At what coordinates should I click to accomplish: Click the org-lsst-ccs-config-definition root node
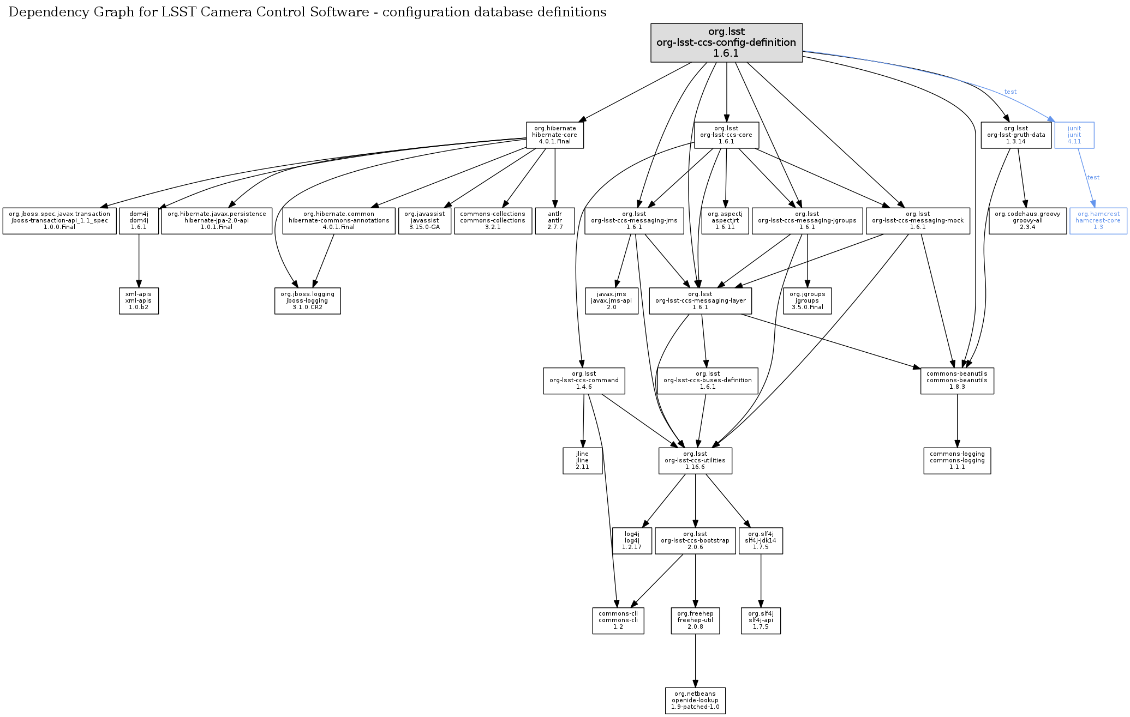tap(726, 43)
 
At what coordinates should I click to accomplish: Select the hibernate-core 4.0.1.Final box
tap(554, 135)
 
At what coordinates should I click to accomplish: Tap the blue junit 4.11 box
tap(1074, 135)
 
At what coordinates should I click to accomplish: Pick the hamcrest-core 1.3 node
tap(1098, 221)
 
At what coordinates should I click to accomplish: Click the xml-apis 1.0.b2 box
tap(139, 301)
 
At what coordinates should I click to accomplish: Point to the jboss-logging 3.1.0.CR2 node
tap(307, 301)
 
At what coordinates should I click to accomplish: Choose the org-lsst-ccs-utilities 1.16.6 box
tap(695, 461)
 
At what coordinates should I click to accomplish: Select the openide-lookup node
tap(695, 701)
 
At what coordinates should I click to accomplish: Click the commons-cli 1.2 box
tap(618, 620)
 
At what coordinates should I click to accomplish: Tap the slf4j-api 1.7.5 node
tap(760, 620)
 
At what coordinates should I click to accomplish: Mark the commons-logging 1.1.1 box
tap(956, 461)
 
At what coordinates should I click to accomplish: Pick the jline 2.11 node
tap(582, 461)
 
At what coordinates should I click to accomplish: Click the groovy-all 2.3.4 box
tap(1027, 221)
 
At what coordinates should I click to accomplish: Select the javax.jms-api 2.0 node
tap(611, 301)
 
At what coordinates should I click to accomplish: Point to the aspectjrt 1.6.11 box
tap(725, 221)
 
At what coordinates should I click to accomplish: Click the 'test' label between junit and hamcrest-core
tap(1093, 178)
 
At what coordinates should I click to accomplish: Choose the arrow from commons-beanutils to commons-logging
tap(957, 420)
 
